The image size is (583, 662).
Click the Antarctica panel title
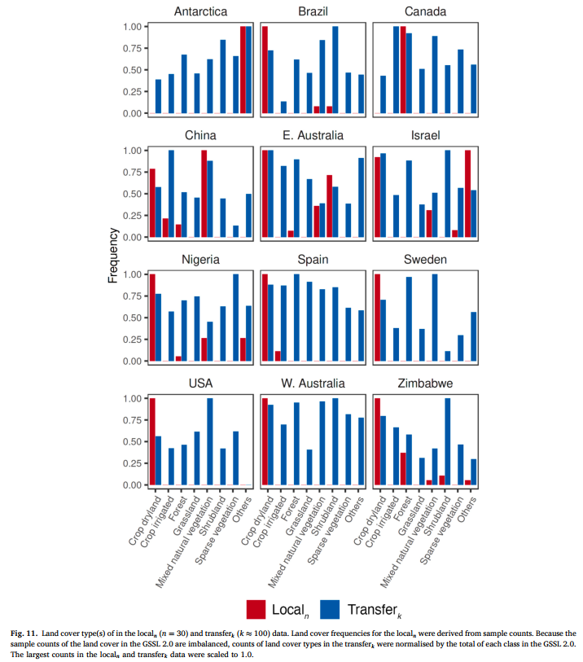pyautogui.click(x=200, y=11)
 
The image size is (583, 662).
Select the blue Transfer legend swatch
pyautogui.click(x=330, y=608)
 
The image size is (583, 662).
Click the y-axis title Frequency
pyautogui.click(x=114, y=256)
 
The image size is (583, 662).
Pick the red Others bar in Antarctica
pyautogui.click(x=243, y=70)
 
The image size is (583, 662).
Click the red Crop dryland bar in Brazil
pyautogui.click(x=265, y=70)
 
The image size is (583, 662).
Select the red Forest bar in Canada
pyautogui.click(x=402, y=70)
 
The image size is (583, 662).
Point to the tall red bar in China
pyautogui.click(x=204, y=194)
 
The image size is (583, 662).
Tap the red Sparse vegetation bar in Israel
pyautogui.click(x=467, y=194)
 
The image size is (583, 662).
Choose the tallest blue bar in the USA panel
pyautogui.click(x=210, y=441)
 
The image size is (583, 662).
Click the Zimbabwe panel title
pyautogui.click(x=425, y=383)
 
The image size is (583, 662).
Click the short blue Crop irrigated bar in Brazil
pyautogui.click(x=283, y=107)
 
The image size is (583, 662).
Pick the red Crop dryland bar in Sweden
pyautogui.click(x=377, y=318)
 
